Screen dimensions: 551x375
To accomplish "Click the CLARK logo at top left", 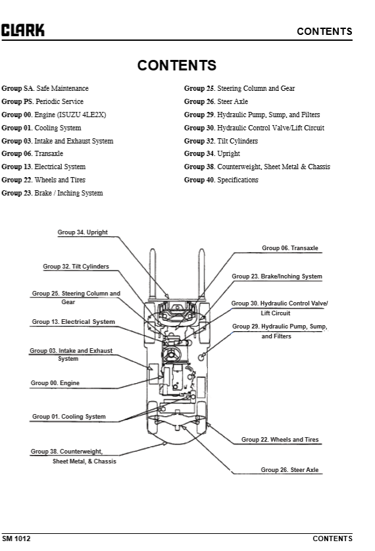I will click(x=23, y=30).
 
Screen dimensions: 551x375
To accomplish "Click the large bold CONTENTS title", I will click(x=176, y=66).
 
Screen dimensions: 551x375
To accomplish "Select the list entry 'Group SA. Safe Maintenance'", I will click(x=45, y=88).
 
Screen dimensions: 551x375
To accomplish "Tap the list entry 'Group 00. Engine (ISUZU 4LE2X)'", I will click(x=53, y=115).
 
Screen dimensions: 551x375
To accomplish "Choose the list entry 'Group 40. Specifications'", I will click(x=221, y=180).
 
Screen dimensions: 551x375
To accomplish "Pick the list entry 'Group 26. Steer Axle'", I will click(x=216, y=101).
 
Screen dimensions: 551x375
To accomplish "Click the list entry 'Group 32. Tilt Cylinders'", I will click(x=221, y=141).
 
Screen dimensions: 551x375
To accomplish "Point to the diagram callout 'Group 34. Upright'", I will click(x=82, y=232).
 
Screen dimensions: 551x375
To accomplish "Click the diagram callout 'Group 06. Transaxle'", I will click(x=289, y=248).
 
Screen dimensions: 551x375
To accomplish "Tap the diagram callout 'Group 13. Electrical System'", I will click(x=73, y=322).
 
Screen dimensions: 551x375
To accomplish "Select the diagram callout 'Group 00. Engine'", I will click(x=55, y=382).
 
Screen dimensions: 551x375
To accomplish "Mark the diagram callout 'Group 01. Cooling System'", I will click(x=68, y=417).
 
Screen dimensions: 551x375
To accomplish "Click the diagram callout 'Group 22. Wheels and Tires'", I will click(x=280, y=439).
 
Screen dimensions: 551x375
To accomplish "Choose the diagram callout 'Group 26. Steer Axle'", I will click(x=289, y=470).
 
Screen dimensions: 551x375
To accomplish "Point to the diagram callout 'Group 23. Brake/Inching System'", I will click(x=277, y=276).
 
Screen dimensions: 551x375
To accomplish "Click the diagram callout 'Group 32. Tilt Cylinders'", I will click(x=76, y=267).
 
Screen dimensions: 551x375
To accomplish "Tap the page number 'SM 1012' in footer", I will click(x=16, y=538).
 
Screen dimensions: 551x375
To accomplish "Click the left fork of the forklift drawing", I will click(x=152, y=273).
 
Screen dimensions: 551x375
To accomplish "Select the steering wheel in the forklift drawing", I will click(x=174, y=355).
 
